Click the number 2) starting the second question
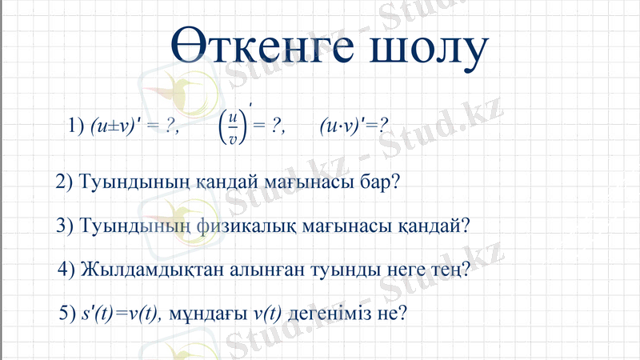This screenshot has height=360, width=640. (66, 182)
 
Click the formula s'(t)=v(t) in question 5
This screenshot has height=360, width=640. (121, 313)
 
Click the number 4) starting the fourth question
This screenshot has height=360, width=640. (68, 269)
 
